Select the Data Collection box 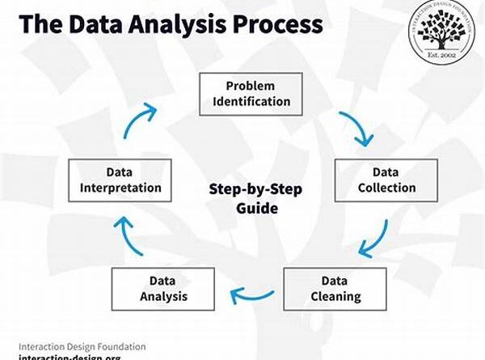point(386,180)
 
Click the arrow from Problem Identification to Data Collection point(356,128)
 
